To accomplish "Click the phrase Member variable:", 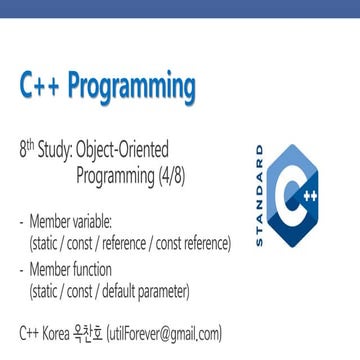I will point(71,220).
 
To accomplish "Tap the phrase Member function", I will point(71,269).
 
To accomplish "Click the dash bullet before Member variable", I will point(22,220).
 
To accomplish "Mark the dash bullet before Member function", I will point(22,269).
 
